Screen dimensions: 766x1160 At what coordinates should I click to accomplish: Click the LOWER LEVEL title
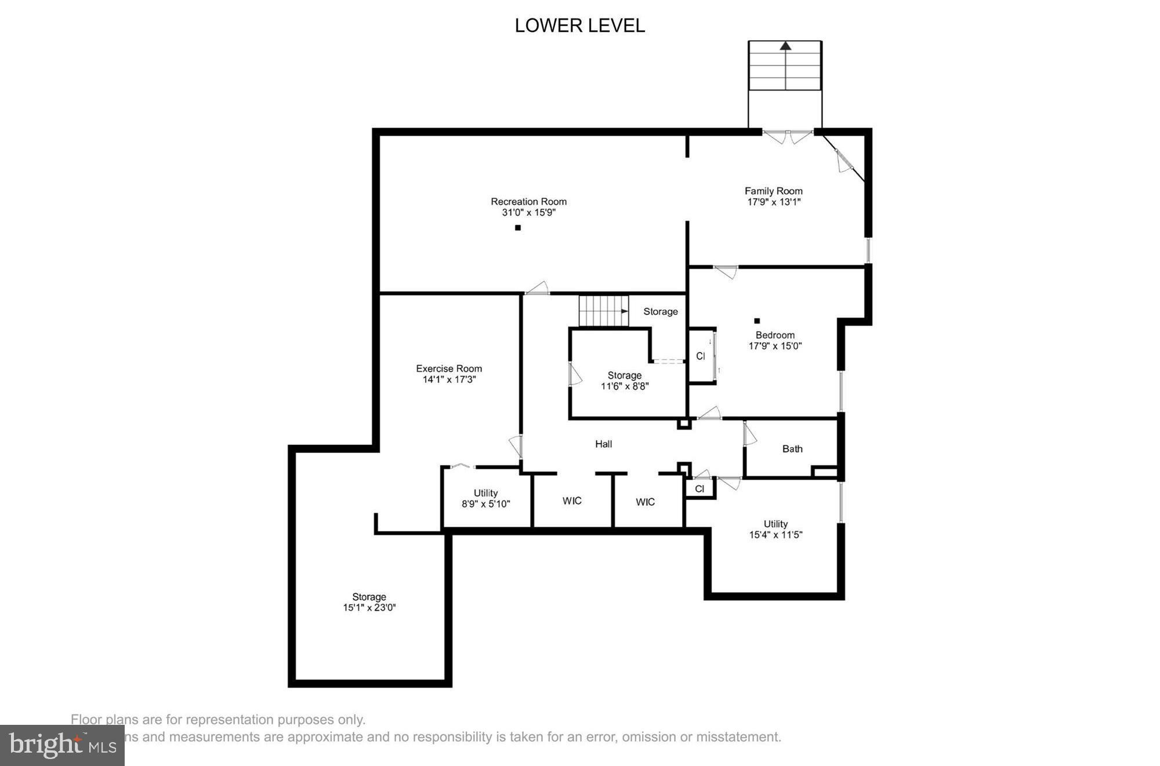(x=579, y=26)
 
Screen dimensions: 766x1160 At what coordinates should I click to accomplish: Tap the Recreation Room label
(x=528, y=202)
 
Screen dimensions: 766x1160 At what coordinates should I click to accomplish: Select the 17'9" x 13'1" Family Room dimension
(x=774, y=202)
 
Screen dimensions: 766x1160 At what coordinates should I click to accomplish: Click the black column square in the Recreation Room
(x=518, y=228)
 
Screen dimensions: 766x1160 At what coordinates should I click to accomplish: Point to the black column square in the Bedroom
(x=757, y=321)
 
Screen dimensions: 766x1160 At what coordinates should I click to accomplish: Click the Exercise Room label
(x=449, y=369)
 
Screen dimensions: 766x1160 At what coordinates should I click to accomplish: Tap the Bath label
(x=792, y=449)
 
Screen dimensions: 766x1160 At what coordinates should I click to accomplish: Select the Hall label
(x=603, y=444)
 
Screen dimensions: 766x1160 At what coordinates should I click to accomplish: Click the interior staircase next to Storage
(x=603, y=311)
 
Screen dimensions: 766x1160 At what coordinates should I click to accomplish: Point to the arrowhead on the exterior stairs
(x=785, y=45)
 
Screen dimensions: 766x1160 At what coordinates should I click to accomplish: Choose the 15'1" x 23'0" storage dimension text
(x=369, y=608)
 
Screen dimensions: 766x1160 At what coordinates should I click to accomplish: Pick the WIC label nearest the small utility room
(x=572, y=501)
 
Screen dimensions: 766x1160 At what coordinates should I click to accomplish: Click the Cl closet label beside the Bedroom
(x=701, y=356)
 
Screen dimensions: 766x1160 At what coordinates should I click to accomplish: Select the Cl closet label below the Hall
(x=699, y=489)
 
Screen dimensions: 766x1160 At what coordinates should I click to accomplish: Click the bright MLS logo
(x=62, y=745)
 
